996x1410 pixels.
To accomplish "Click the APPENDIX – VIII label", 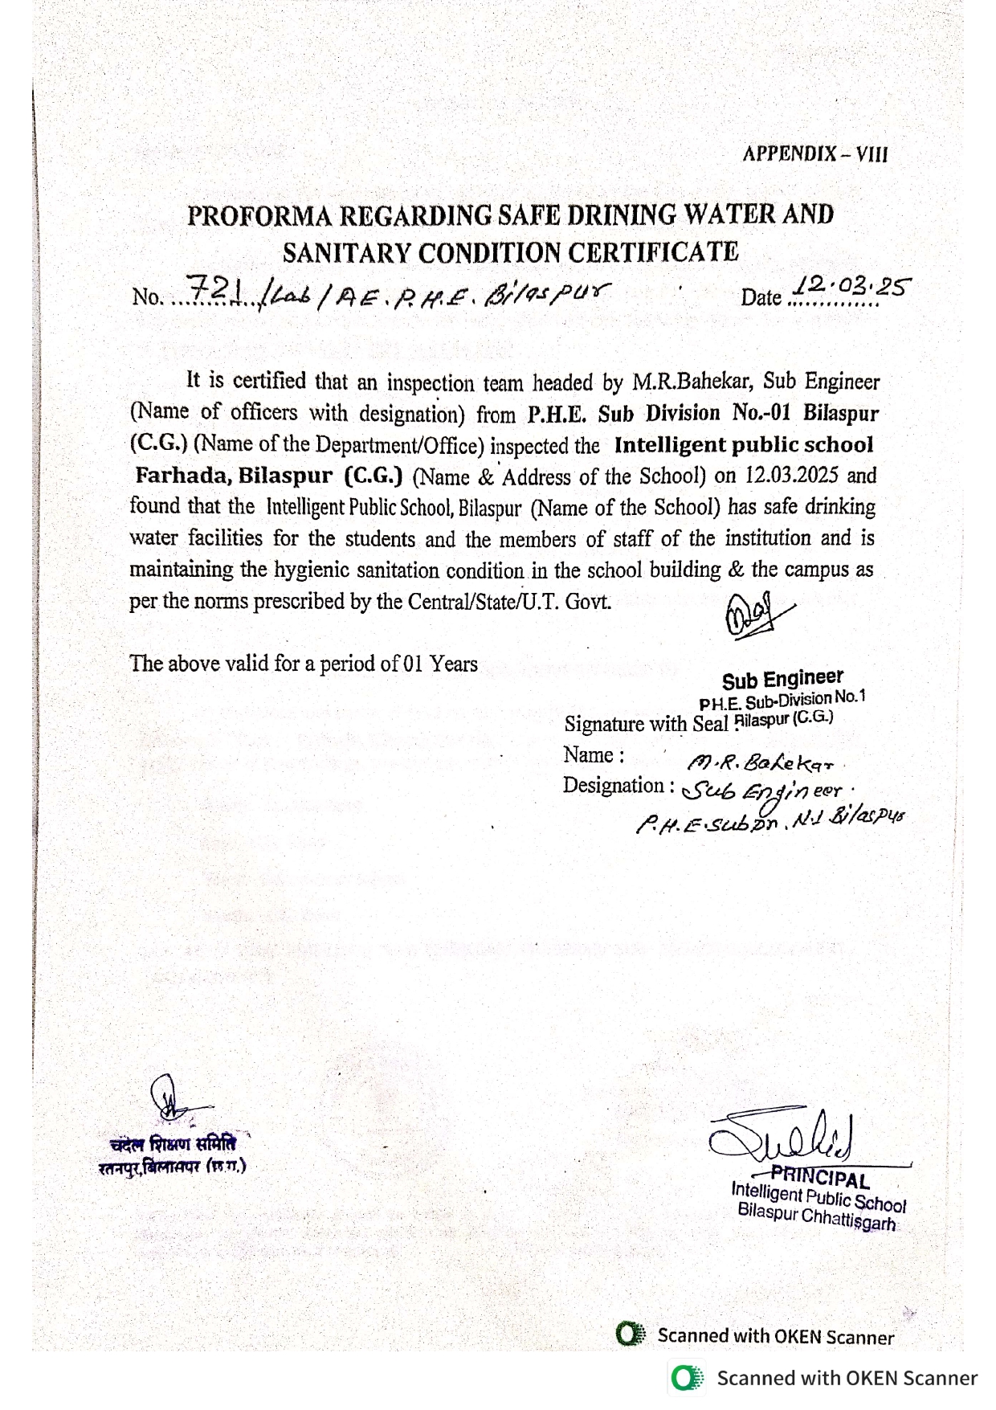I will (x=814, y=154).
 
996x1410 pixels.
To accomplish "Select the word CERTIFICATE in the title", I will (x=653, y=253).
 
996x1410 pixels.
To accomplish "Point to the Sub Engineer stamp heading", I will (x=782, y=680).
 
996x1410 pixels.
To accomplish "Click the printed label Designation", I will (x=614, y=786).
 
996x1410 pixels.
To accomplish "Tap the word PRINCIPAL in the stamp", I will (x=820, y=1178).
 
